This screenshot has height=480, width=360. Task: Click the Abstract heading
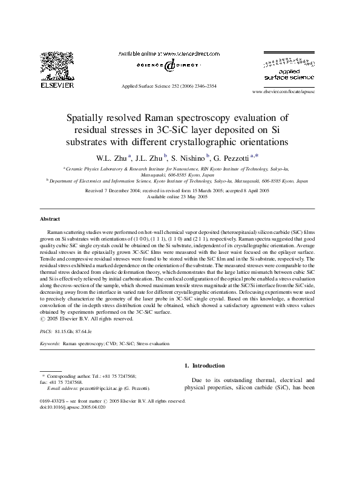pos(50,218)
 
